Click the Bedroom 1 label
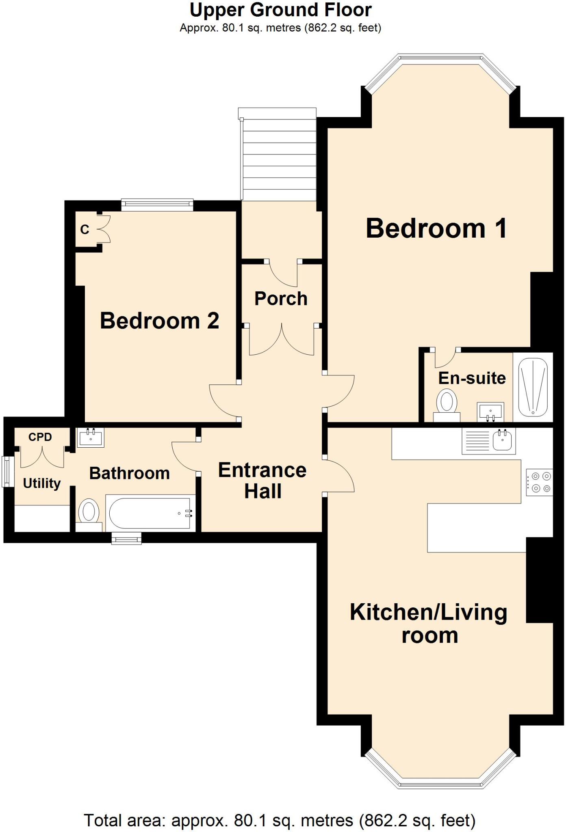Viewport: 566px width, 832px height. click(436, 228)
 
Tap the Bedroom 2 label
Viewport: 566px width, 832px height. click(159, 321)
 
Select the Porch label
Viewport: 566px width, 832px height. click(281, 299)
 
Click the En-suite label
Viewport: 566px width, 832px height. click(472, 378)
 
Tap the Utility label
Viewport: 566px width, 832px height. click(41, 483)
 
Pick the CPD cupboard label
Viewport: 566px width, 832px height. click(40, 437)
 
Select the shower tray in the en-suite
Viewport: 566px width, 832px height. click(533, 387)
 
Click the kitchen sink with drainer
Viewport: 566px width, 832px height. click(489, 441)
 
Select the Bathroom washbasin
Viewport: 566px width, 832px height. click(90, 438)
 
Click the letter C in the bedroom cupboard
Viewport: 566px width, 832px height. click(85, 230)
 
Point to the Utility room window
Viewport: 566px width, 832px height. click(7, 471)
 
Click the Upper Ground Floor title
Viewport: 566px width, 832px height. click(280, 10)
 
